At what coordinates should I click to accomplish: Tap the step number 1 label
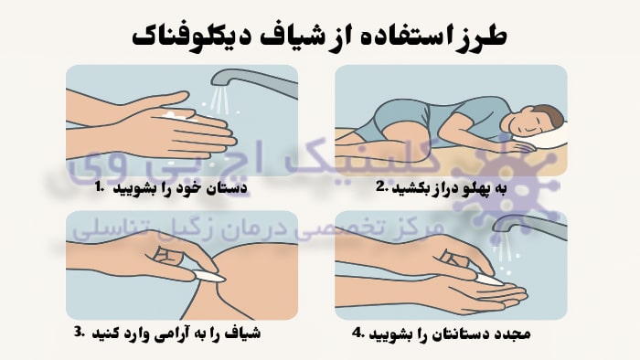coord(99,187)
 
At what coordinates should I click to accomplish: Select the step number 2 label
coord(381,187)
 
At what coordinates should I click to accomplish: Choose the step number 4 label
coord(358,334)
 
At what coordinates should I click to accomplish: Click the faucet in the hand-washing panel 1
coord(254,80)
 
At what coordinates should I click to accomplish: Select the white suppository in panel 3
coord(208,276)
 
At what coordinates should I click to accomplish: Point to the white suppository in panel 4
coord(491,280)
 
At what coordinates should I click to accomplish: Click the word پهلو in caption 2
coord(477,189)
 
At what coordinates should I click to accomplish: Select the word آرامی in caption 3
coord(168,334)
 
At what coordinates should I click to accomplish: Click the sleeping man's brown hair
coord(550,114)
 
